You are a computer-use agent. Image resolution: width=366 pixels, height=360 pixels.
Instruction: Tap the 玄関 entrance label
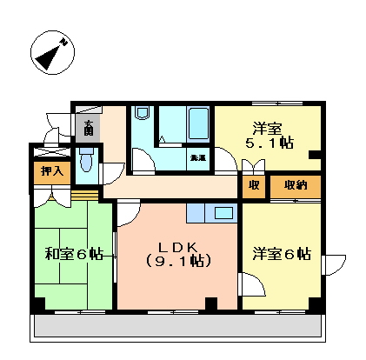(89, 129)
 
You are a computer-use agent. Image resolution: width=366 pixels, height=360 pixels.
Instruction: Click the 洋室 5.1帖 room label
(270, 133)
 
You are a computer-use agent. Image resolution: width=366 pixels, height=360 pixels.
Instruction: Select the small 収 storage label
(253, 184)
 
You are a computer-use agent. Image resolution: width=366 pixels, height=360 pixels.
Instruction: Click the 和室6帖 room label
(74, 254)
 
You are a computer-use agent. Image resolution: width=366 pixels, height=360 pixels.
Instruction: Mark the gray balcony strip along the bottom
(178, 328)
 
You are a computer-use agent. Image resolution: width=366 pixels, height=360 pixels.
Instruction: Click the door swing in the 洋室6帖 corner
(252, 285)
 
